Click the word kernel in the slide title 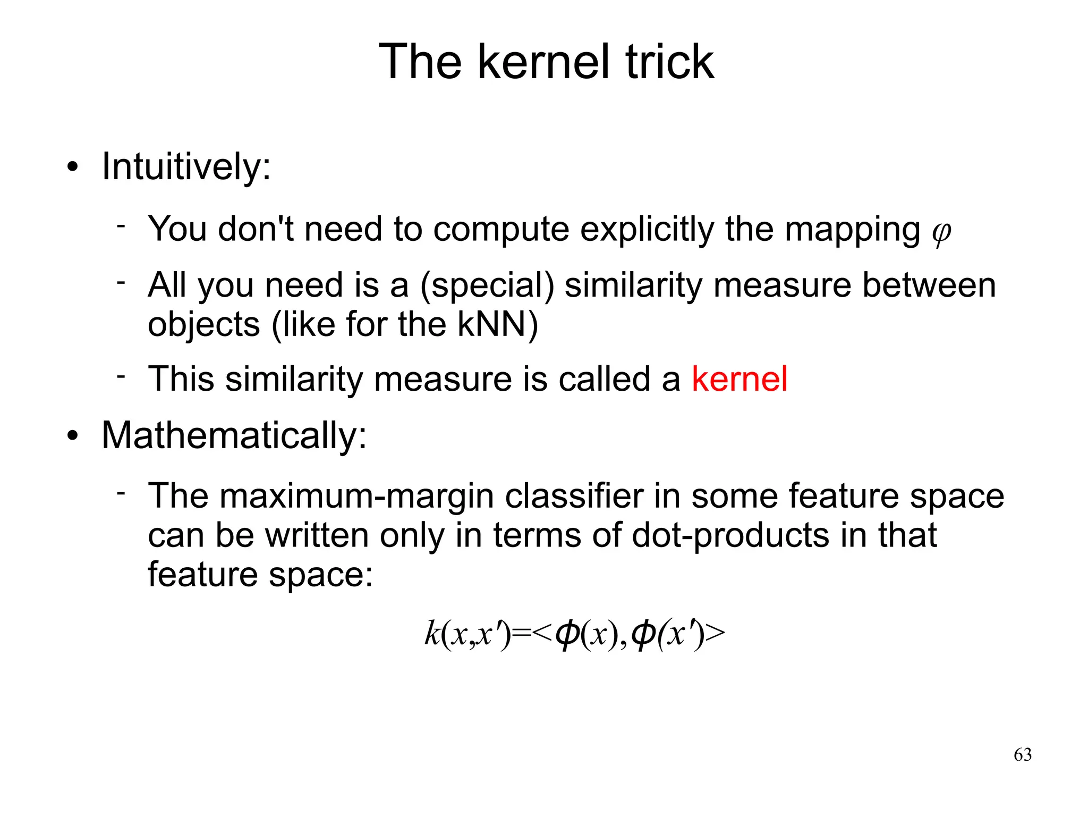pyautogui.click(x=543, y=62)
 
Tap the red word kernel pyautogui.click(x=739, y=379)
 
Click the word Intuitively pyautogui.click(x=186, y=167)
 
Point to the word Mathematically pyautogui.click(x=234, y=435)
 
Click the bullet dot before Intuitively pyautogui.click(x=73, y=169)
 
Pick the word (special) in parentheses pyautogui.click(x=487, y=285)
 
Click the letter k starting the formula pyautogui.click(x=432, y=634)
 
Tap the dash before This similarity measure pyautogui.click(x=121, y=376)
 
